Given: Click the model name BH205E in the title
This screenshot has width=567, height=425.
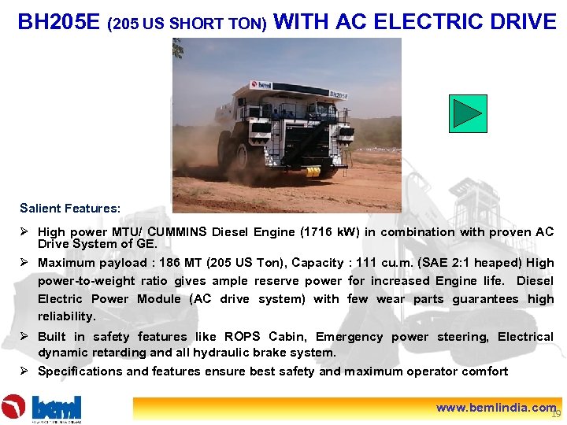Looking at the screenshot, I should (58, 21).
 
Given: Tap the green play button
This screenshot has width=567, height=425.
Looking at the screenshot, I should (468, 113).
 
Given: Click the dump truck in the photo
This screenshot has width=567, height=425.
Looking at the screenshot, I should (283, 129).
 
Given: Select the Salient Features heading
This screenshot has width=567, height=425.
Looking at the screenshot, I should (70, 209).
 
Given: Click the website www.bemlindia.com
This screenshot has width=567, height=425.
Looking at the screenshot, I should (496, 408).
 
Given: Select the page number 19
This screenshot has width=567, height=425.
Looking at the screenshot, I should (556, 414).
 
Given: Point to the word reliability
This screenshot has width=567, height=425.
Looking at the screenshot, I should (66, 316).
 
